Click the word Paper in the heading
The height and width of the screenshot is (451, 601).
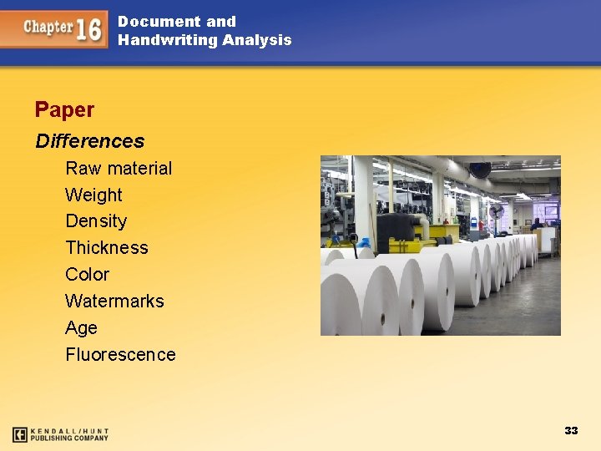tap(64, 109)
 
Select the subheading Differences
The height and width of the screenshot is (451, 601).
tap(89, 141)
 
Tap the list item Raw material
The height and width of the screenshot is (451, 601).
tap(119, 168)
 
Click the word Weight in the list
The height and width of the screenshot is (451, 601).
tap(93, 195)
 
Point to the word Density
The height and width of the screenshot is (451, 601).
tap(96, 221)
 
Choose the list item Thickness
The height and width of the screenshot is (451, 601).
tap(106, 248)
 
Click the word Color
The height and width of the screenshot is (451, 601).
tap(87, 275)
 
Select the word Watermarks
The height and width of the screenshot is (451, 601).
tap(114, 302)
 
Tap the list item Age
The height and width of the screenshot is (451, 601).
tap(81, 328)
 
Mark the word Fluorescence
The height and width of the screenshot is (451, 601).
tap(120, 355)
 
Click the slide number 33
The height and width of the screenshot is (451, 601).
tap(571, 430)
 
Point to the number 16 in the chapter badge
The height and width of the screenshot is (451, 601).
tap(89, 29)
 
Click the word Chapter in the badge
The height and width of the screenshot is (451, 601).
tap(48, 27)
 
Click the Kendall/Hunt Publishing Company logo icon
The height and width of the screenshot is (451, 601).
tap(20, 434)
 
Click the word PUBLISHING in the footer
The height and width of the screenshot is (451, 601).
tap(54, 438)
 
